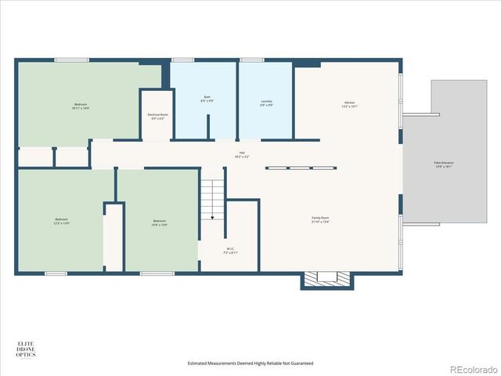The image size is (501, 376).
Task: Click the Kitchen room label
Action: click(x=349, y=105)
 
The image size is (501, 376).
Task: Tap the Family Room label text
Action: click(x=320, y=219)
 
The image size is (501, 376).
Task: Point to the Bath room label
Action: click(x=207, y=100)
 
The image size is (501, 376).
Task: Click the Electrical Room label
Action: click(x=157, y=117)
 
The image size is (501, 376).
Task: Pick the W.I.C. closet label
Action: click(x=230, y=252)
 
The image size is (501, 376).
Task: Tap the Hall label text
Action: click(x=242, y=154)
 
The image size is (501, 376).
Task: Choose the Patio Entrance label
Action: click(x=444, y=164)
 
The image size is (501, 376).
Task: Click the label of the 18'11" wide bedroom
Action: click(x=81, y=106)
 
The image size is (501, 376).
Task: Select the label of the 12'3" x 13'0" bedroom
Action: click(x=61, y=221)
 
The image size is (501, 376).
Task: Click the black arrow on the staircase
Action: click(x=211, y=219)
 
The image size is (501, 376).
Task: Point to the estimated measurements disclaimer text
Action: click(x=250, y=363)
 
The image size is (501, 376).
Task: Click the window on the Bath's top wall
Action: click(x=182, y=60)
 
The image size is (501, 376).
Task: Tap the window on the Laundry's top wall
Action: click(x=251, y=60)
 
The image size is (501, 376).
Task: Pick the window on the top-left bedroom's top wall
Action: click(x=71, y=60)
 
